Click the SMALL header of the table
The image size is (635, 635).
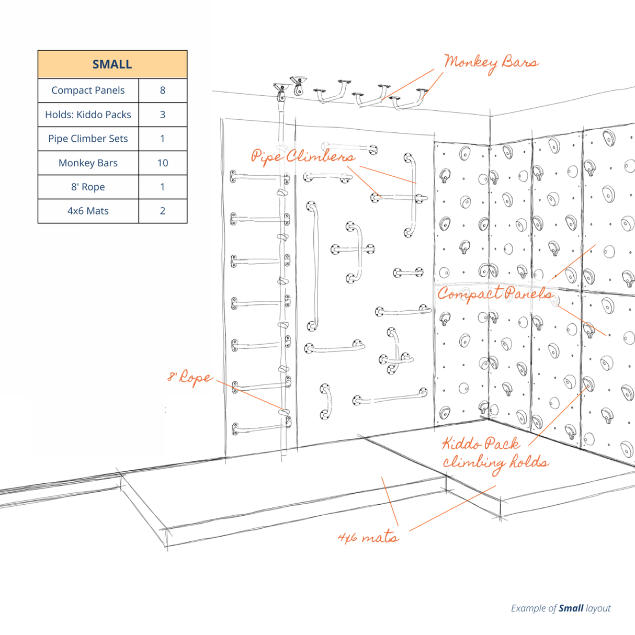[112, 64]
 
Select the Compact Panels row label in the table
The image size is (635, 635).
[88, 90]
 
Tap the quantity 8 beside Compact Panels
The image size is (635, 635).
[163, 90]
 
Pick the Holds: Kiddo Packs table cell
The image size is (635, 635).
[88, 115]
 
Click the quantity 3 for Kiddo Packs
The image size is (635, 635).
[163, 115]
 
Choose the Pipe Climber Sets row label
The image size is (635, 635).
[88, 139]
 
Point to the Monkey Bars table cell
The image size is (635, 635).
[88, 163]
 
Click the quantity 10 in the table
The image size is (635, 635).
[163, 163]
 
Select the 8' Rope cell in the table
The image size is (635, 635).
[88, 187]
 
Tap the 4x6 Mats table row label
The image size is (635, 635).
[88, 211]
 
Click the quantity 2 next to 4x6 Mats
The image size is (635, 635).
[163, 211]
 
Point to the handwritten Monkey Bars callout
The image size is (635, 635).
[491, 63]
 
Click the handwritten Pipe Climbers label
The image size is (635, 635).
[303, 156]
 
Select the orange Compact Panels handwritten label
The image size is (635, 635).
[494, 294]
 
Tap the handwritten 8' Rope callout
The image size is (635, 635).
[190, 378]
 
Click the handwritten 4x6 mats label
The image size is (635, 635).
[368, 537]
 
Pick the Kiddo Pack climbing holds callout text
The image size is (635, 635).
[494, 453]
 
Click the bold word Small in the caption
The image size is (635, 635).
[571, 608]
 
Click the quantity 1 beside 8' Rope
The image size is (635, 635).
[163, 187]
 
